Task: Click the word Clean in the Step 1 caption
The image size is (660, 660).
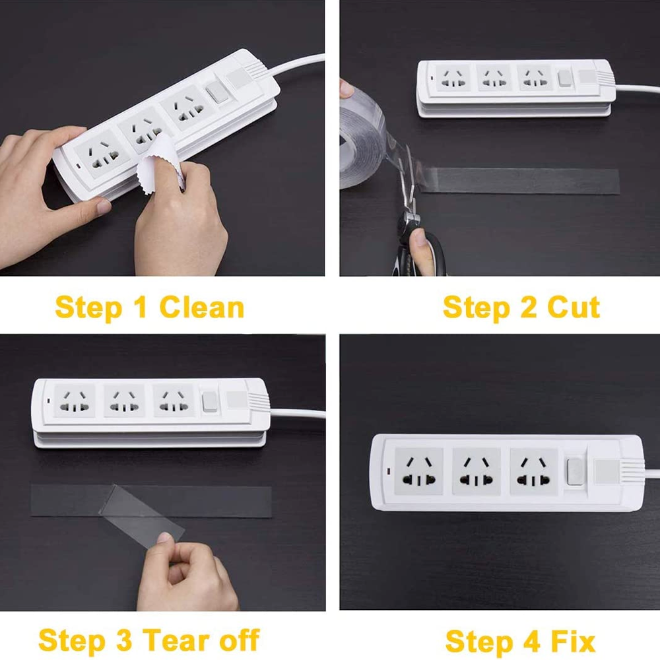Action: click(x=201, y=307)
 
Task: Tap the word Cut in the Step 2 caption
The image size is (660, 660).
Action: click(x=574, y=307)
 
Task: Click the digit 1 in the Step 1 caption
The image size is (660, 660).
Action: click(x=141, y=307)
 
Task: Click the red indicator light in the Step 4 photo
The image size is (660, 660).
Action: click(x=388, y=470)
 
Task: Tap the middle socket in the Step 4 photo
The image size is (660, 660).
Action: click(x=477, y=471)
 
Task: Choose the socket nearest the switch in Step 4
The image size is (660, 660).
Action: click(x=534, y=471)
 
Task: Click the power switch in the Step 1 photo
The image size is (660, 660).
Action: click(x=218, y=91)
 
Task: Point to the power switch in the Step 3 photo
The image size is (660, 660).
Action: click(x=209, y=401)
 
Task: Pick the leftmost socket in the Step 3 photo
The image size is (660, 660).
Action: click(x=75, y=401)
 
